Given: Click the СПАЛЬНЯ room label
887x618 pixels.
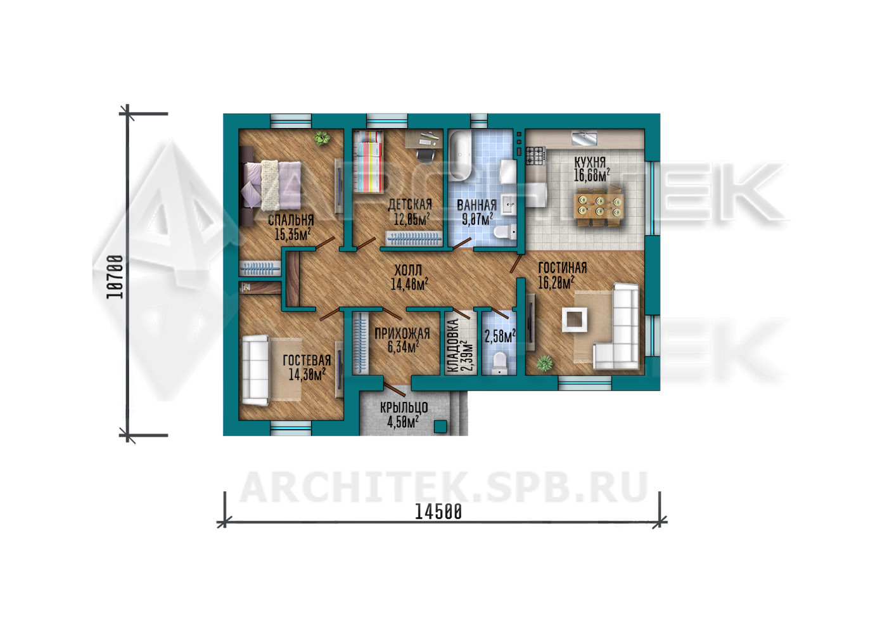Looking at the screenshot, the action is pyautogui.click(x=291, y=221).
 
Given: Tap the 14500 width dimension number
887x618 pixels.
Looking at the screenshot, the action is pyautogui.click(x=438, y=512).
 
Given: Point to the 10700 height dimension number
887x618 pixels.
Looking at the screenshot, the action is pyautogui.click(x=115, y=276).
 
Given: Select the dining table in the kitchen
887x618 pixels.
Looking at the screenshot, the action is pyautogui.click(x=598, y=205).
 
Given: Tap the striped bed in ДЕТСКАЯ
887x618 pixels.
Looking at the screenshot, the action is pyautogui.click(x=369, y=161).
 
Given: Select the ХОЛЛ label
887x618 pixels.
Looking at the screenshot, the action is pyautogui.click(x=408, y=271).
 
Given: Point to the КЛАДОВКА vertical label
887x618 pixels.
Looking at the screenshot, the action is pyautogui.click(x=453, y=346).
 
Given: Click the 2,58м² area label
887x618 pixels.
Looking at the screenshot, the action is pyautogui.click(x=500, y=337).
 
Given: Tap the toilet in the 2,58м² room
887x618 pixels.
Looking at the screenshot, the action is pyautogui.click(x=499, y=364).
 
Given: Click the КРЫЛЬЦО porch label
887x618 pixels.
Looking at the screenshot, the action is pyautogui.click(x=404, y=408).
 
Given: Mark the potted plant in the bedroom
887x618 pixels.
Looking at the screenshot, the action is pyautogui.click(x=321, y=139).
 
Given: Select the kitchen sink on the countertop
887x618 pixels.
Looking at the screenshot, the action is pyautogui.click(x=584, y=139).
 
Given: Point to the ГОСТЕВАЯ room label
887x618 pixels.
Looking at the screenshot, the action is pyautogui.click(x=307, y=361).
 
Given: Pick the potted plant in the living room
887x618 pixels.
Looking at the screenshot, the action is pyautogui.click(x=544, y=363).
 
